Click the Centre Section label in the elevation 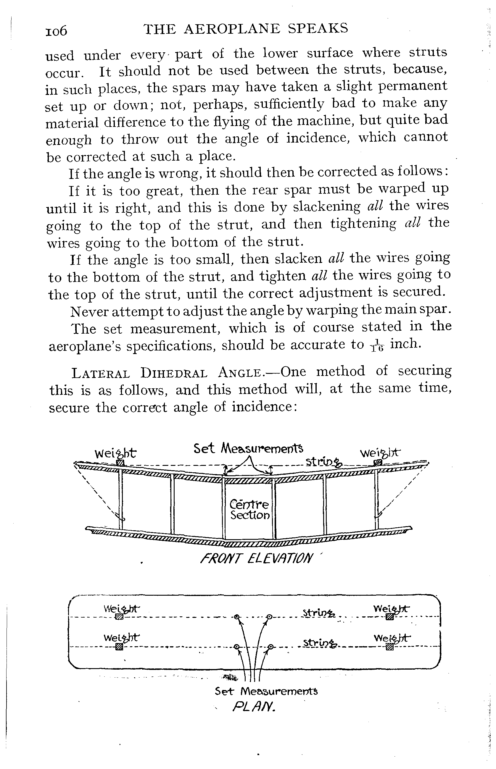(x=249, y=510)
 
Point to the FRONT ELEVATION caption (x=256, y=558)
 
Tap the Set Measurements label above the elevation (x=248, y=448)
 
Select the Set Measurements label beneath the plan (x=266, y=691)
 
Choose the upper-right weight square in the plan (x=390, y=617)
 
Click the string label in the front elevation (x=324, y=463)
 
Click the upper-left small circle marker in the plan (x=237, y=617)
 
